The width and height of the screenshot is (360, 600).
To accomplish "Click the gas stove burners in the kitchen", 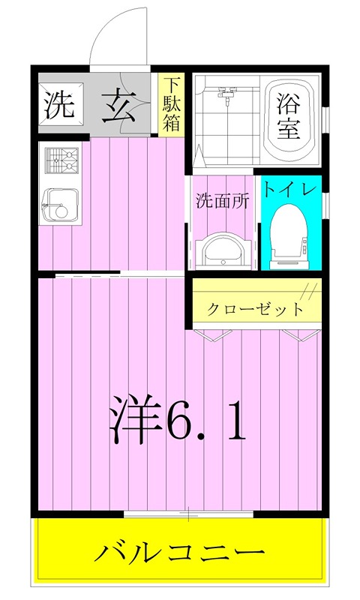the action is coord(61,160).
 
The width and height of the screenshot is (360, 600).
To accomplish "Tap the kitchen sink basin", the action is coord(61,206).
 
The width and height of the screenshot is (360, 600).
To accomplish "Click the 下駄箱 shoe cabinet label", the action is coord(172,105).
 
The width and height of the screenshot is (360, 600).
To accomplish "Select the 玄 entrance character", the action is coord(118,106).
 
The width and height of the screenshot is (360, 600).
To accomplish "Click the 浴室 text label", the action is coord(288,116).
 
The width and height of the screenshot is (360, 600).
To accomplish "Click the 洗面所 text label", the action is coord(222,200).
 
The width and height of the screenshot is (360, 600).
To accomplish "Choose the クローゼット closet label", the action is coord(255,308).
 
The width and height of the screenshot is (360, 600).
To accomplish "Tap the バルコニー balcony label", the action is coord(180,552).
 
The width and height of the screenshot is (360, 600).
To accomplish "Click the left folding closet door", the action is coord(213,334).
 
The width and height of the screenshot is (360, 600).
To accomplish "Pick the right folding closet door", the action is coord(301,334).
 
